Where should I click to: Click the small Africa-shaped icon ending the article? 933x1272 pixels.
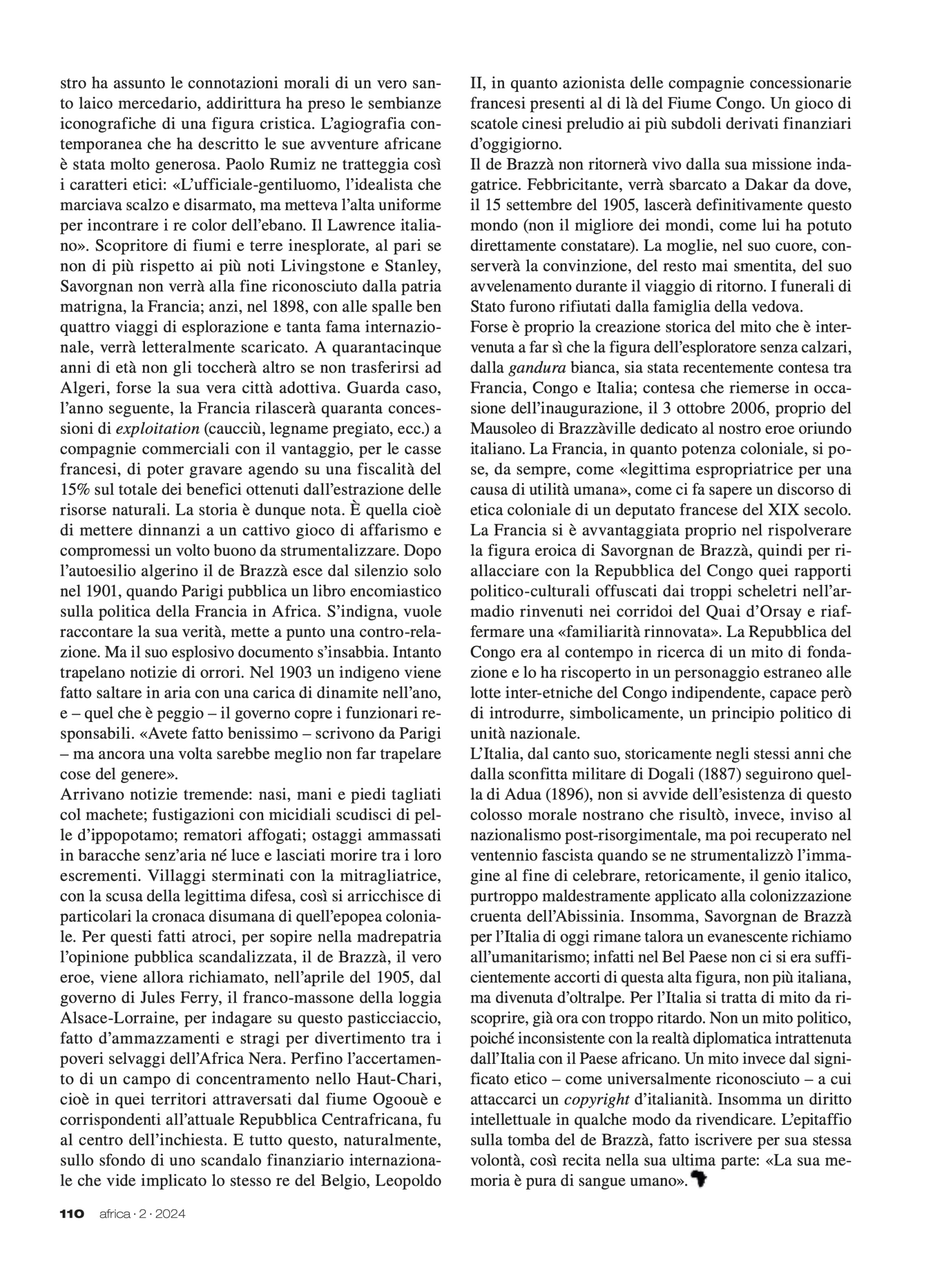click(x=699, y=1180)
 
